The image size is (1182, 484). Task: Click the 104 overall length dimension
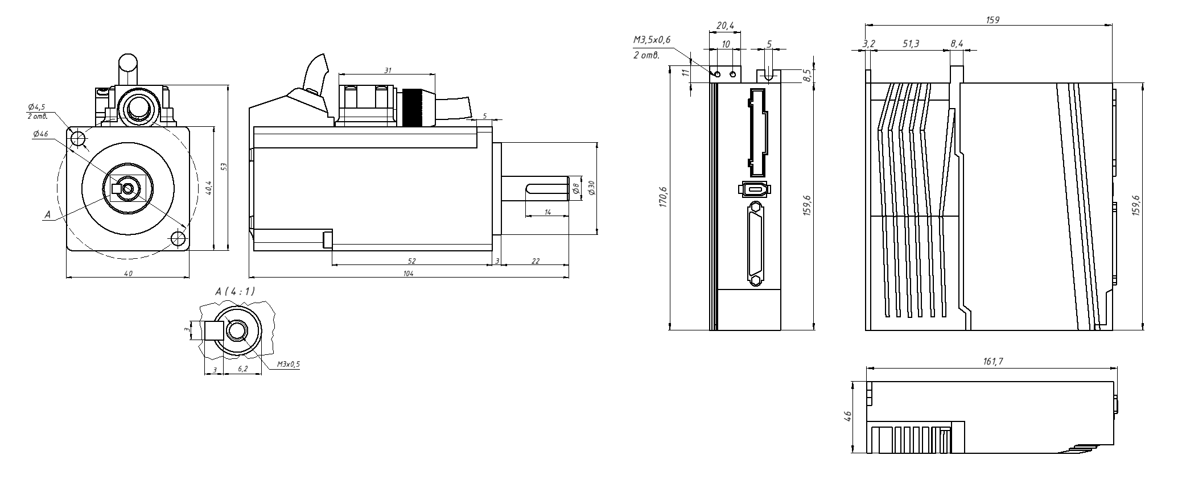[x=408, y=274]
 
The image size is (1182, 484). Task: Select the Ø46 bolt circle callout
[x=40, y=134]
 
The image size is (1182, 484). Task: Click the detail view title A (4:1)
[x=235, y=291]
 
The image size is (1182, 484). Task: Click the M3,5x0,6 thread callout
[x=652, y=40]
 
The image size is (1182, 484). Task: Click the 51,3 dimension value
[x=911, y=44]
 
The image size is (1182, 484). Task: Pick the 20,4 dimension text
[x=725, y=26]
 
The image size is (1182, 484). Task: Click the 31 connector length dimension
[x=388, y=71]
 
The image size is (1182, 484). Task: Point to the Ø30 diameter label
[x=591, y=188]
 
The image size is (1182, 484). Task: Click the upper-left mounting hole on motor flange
[x=77, y=138]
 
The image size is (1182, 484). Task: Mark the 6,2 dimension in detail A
[x=242, y=369]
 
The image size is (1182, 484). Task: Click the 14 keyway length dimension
[x=547, y=212]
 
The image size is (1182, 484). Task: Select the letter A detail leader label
[x=48, y=215]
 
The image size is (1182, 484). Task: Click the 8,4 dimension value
[x=957, y=44]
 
